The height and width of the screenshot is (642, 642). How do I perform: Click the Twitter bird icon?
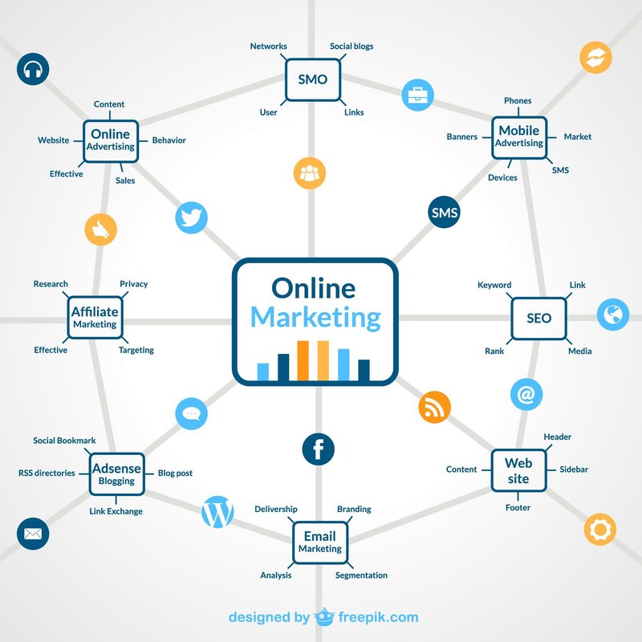click(192, 217)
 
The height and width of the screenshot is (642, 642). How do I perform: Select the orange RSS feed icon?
click(434, 408)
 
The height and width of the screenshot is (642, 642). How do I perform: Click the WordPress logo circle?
click(217, 512)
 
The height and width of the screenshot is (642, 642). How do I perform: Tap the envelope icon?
click(33, 533)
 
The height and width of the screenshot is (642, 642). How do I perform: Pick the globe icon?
click(613, 314)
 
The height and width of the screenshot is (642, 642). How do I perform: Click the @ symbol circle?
click(526, 394)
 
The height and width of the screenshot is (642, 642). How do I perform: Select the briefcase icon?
click(417, 95)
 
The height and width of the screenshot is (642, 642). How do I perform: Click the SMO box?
click(312, 80)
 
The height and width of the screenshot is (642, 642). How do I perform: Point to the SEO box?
click(538, 318)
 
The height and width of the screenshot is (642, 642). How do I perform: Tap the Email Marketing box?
click(320, 542)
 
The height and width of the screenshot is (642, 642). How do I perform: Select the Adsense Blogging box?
click(116, 474)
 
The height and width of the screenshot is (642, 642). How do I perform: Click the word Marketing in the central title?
click(315, 317)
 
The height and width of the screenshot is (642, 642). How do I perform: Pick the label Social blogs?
click(351, 47)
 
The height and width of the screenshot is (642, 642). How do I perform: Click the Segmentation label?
click(361, 575)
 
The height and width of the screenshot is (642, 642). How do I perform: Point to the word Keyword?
click(494, 285)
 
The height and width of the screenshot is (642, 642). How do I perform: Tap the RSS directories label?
click(47, 473)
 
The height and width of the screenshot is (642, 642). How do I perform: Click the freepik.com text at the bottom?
click(377, 617)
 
